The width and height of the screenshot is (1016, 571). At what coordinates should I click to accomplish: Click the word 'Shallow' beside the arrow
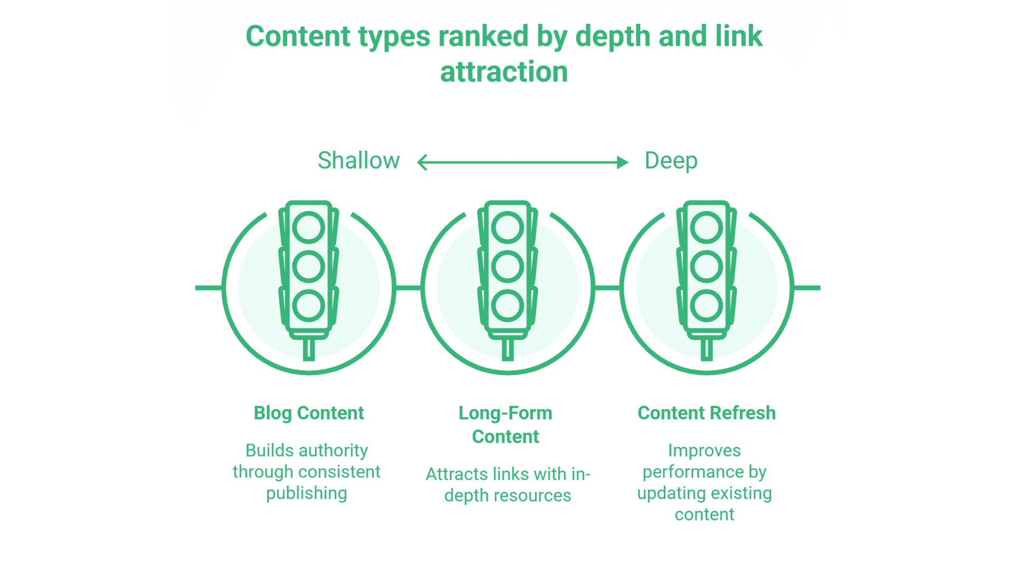coord(358,161)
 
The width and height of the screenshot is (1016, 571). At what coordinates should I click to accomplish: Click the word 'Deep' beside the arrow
coord(670,161)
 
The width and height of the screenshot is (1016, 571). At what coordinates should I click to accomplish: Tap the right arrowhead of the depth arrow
coord(623,162)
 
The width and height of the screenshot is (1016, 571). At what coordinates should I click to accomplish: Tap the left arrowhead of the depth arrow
coord(422,162)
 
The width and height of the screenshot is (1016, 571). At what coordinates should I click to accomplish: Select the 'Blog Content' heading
coord(309,413)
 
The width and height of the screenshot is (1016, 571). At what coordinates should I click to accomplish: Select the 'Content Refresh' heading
coord(706,413)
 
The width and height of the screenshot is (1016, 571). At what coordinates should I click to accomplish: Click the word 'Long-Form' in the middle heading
coord(505,413)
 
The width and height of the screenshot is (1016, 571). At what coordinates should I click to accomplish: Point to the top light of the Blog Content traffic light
coord(309,228)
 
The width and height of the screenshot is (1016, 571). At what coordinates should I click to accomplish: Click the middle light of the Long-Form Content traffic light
coord(507,266)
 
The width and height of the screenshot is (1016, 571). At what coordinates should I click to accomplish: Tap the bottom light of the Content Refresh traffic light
coord(706,306)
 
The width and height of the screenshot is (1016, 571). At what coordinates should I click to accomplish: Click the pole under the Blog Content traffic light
coord(309,349)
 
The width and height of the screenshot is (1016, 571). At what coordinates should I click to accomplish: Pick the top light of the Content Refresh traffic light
coord(706,228)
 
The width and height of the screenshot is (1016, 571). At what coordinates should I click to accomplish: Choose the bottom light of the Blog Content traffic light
coord(309,306)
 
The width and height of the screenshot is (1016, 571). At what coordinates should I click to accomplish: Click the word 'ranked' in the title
coord(483,36)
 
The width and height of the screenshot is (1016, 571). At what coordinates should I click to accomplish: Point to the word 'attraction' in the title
coord(504,72)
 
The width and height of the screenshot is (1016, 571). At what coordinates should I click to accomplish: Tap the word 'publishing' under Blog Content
coord(306,493)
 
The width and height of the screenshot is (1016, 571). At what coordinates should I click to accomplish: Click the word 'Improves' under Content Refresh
coord(704,450)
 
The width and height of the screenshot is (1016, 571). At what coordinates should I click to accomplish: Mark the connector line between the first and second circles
coord(408,288)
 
